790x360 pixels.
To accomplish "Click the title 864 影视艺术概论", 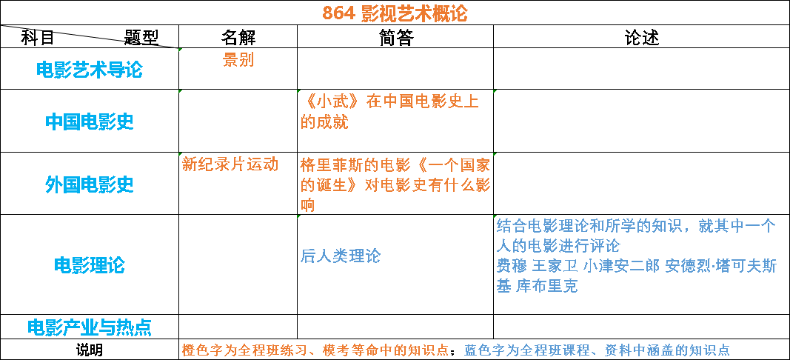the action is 395,13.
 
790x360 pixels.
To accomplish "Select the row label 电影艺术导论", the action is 89,70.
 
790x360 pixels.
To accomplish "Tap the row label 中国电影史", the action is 89,121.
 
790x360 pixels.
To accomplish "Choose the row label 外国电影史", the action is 89,184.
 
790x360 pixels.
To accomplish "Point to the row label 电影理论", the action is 89,264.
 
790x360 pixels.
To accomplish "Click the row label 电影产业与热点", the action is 89,327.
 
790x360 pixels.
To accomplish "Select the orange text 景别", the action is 238,60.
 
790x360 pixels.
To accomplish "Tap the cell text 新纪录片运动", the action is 230,164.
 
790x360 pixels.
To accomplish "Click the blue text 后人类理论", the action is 341,256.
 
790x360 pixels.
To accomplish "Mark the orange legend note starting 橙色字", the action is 315,350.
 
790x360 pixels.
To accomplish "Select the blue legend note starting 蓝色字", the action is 597,350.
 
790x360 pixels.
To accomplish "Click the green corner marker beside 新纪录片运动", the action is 180,155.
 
